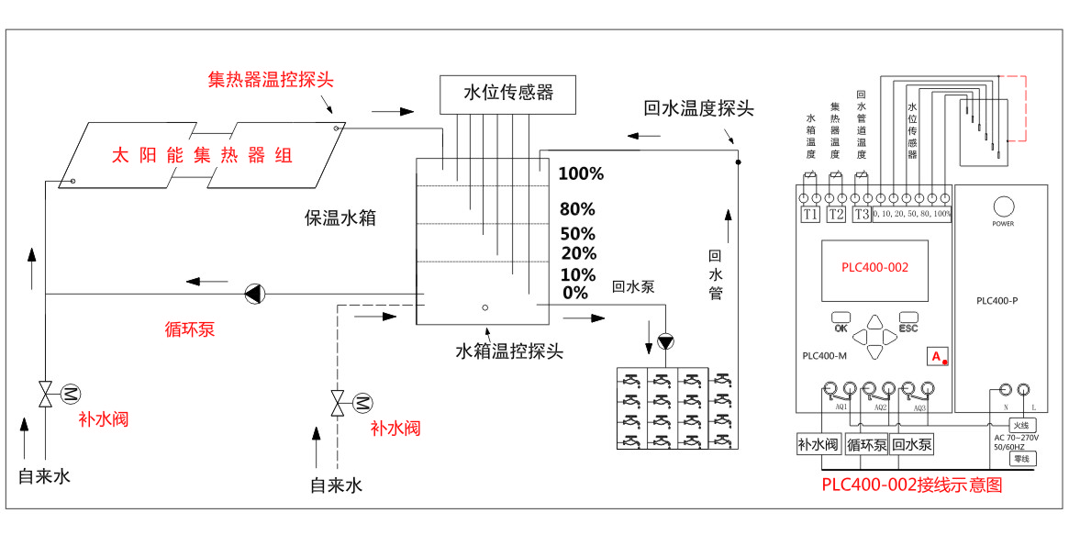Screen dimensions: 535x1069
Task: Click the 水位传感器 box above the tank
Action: [x=508, y=93]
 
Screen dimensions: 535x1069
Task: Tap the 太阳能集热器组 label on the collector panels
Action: [x=202, y=155]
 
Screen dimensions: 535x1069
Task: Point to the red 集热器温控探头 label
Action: [x=271, y=80]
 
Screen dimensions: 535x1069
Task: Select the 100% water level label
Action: [x=581, y=174]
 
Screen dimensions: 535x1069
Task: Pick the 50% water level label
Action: [x=578, y=234]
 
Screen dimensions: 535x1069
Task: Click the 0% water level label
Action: [x=575, y=293]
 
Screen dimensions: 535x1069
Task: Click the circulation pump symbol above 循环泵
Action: [x=254, y=294]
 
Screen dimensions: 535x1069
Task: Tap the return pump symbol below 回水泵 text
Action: [x=665, y=342]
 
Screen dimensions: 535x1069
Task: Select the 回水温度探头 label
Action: [x=699, y=109]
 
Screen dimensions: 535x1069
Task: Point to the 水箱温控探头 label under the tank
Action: [x=509, y=351]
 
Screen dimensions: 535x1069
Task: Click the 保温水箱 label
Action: [x=340, y=218]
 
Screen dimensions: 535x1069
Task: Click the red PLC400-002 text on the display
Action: [x=874, y=267]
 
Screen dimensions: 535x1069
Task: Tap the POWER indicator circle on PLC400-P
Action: [x=1002, y=205]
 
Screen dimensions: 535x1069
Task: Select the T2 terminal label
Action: [x=836, y=215]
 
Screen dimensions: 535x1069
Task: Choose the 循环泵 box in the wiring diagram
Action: [x=866, y=445]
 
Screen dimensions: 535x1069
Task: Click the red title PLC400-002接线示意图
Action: [x=911, y=485]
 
